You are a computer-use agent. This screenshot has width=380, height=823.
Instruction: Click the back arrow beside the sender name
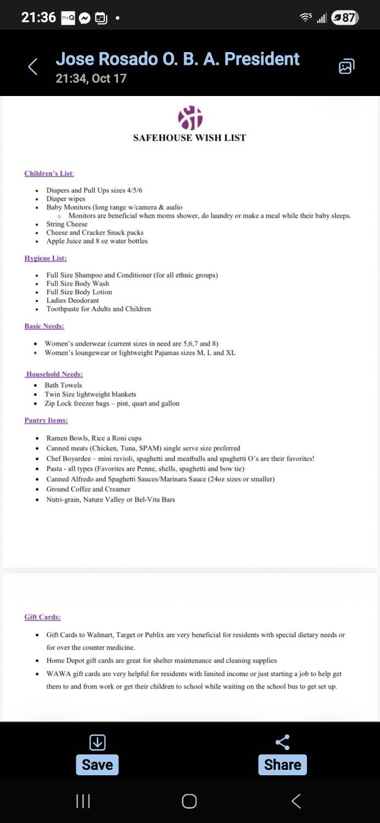[x=32, y=67]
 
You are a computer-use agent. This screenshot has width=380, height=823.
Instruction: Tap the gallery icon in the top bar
[x=346, y=67]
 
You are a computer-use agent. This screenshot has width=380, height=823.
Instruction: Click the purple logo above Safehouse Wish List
[x=190, y=118]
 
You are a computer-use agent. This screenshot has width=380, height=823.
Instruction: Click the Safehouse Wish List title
[x=189, y=138]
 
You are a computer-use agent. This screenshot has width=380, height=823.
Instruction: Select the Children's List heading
[x=49, y=173]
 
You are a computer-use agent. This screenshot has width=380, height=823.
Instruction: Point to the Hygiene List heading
[x=46, y=258]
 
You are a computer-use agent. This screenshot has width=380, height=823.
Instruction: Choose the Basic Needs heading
[x=44, y=326]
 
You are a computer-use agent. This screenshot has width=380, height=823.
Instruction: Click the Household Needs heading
[x=54, y=374]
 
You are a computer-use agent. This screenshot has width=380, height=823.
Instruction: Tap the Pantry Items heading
[x=46, y=420]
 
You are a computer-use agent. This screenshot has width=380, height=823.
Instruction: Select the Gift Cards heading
[x=42, y=617]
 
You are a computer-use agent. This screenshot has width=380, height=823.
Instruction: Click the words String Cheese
[x=67, y=224]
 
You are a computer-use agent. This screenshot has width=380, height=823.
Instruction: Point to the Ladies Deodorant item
[x=72, y=300]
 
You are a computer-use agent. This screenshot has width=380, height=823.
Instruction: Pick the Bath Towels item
[x=63, y=385]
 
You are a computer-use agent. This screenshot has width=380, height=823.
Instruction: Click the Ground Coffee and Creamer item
[x=88, y=489]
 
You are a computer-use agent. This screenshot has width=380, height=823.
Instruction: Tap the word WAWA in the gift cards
[x=58, y=674]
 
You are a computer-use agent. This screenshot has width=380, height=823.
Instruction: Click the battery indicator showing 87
[x=345, y=18]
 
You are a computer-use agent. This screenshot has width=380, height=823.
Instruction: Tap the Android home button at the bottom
[x=189, y=801]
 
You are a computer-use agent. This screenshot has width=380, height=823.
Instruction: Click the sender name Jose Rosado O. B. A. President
[x=177, y=59]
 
